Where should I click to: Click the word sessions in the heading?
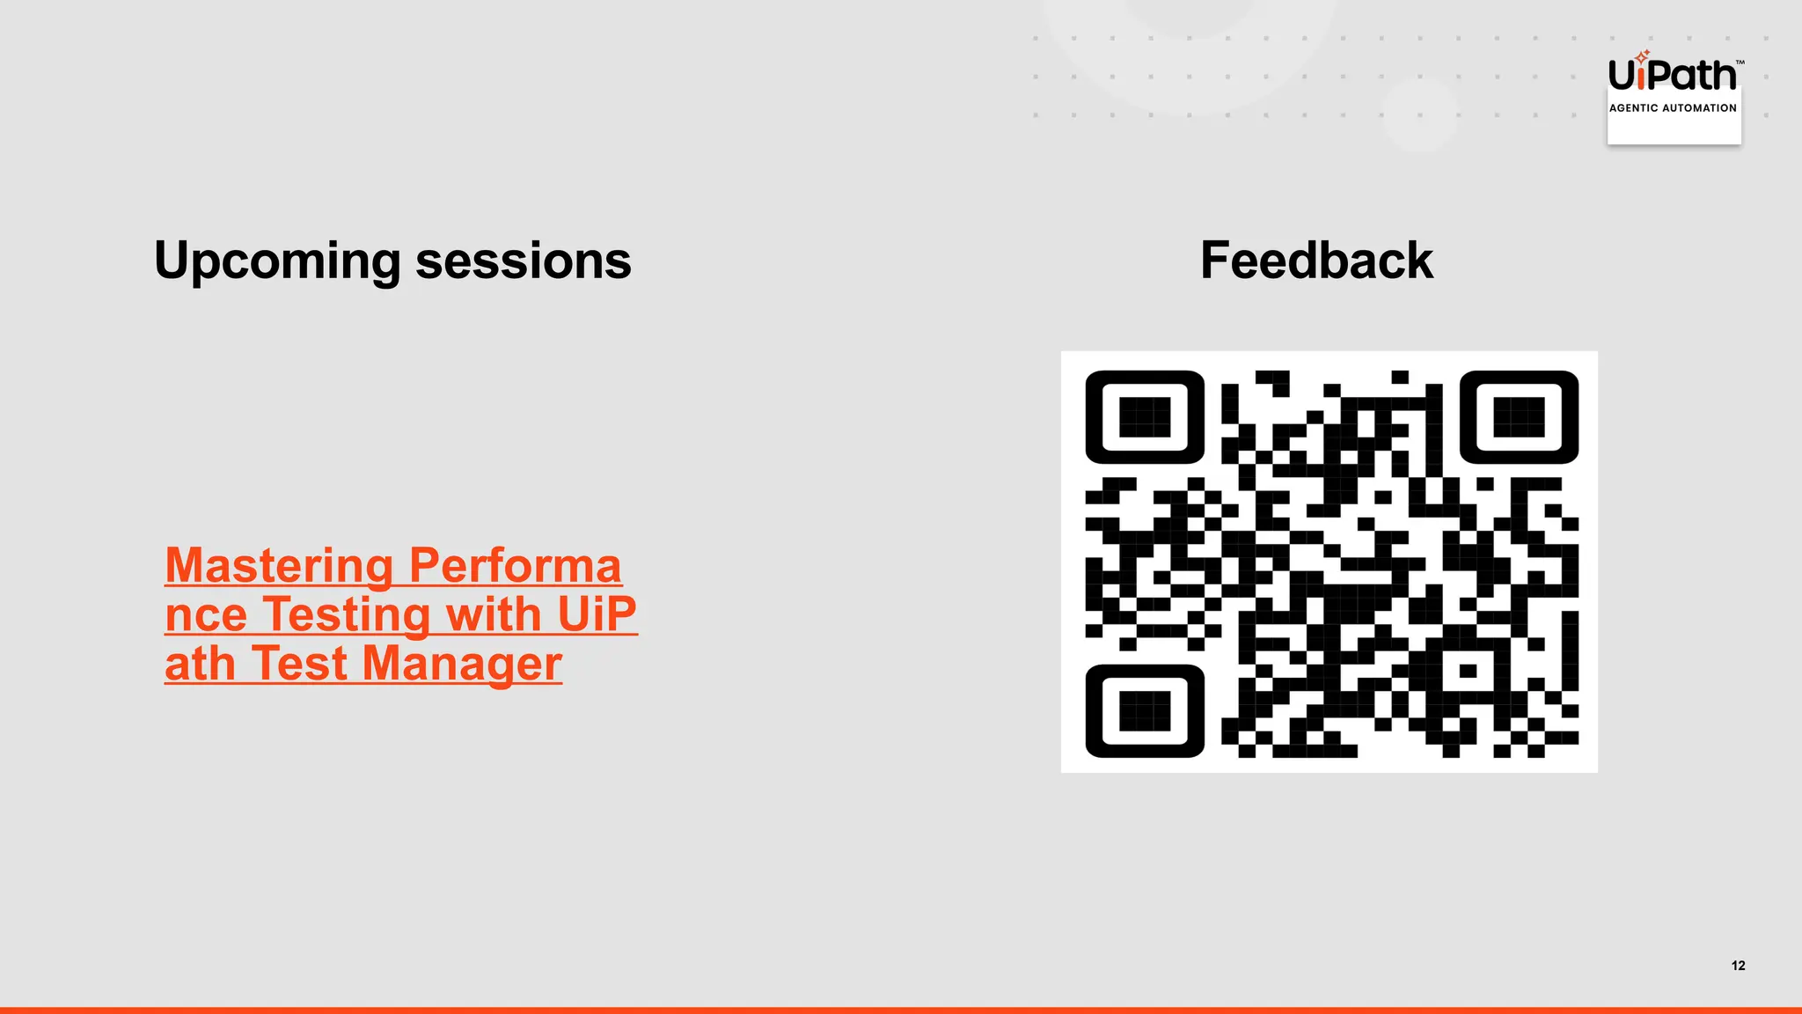pos(523,261)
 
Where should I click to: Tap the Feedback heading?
pos(1316,261)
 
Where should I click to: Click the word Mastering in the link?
pos(279,566)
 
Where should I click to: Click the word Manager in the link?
pos(462,664)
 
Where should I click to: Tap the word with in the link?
pos(493,614)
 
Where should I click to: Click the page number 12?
pos(1738,966)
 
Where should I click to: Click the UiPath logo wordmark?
pos(1672,76)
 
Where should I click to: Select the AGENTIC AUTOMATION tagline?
pos(1673,108)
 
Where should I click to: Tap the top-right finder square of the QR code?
pos(1519,417)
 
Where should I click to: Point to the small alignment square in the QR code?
pos(1468,672)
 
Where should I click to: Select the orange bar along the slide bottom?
pos(901,1010)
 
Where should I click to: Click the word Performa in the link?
pos(516,566)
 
